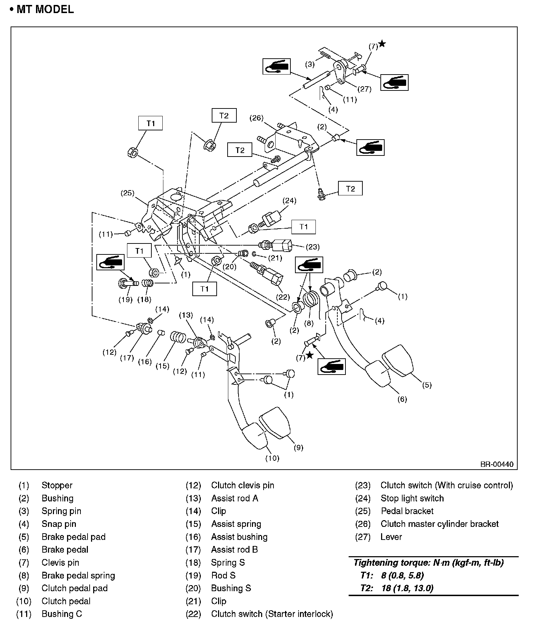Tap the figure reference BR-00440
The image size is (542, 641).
click(x=496, y=464)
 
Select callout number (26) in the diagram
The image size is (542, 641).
click(x=257, y=118)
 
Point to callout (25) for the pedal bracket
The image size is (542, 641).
click(x=128, y=193)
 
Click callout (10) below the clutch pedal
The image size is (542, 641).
click(x=272, y=458)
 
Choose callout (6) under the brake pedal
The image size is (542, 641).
click(x=402, y=399)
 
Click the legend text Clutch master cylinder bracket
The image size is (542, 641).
click(x=439, y=524)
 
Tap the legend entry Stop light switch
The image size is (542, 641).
click(x=412, y=498)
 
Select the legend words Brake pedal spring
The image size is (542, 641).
click(x=78, y=575)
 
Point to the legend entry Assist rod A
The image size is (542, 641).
click(x=235, y=498)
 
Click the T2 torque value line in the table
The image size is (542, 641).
click(x=397, y=588)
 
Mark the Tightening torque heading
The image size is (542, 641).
click(x=428, y=563)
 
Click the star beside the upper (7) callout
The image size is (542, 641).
click(x=382, y=44)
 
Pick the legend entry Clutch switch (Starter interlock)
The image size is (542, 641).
click(x=272, y=614)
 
